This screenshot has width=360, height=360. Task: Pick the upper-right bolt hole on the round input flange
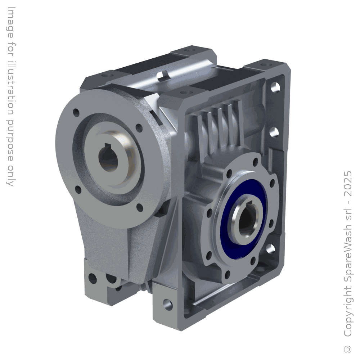(138, 127)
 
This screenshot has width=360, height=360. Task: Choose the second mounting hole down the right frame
(276, 132)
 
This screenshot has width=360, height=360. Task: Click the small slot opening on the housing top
(164, 75)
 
